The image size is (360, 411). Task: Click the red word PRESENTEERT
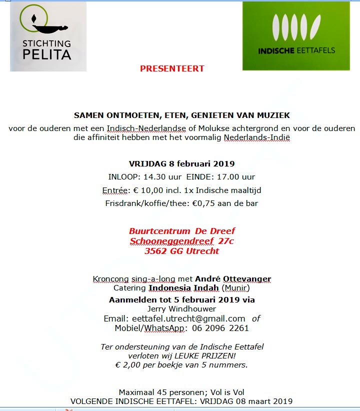[x=172, y=68]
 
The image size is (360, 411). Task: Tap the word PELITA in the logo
[x=46, y=54]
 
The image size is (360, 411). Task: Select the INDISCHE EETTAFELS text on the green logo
[x=296, y=50]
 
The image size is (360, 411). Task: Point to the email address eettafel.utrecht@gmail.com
[x=188, y=318]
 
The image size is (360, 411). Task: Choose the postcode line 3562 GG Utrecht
[x=181, y=251]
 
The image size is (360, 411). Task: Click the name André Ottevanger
[x=233, y=278]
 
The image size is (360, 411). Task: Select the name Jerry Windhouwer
[x=181, y=309]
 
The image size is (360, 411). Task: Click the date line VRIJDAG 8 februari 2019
[x=181, y=163]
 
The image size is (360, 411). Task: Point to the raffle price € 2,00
[x=127, y=364]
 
